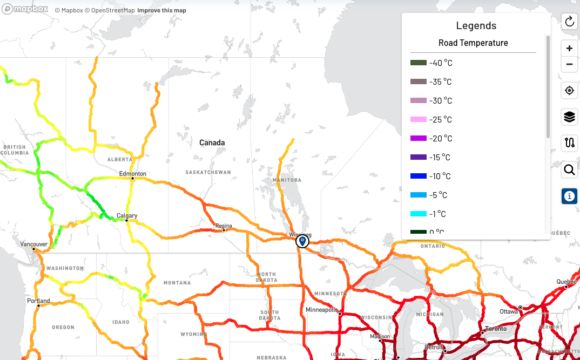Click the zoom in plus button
[x=569, y=49]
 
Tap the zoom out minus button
[x=569, y=65]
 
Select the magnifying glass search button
[x=569, y=171]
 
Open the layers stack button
[x=569, y=117]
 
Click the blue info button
[x=569, y=196]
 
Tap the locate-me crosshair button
[x=569, y=91]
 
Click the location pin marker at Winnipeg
[x=302, y=241]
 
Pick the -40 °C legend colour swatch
[x=418, y=63]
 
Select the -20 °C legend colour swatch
[x=418, y=139]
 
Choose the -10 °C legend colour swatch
[x=418, y=176]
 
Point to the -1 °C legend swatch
[x=418, y=214]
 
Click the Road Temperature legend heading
[x=473, y=43]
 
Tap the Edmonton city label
[x=133, y=174]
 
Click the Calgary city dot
[x=126, y=220]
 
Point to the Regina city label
[x=224, y=226]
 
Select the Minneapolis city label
[x=321, y=310]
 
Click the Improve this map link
[x=161, y=11]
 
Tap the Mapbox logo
[x=25, y=10]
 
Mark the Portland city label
[x=38, y=301]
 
